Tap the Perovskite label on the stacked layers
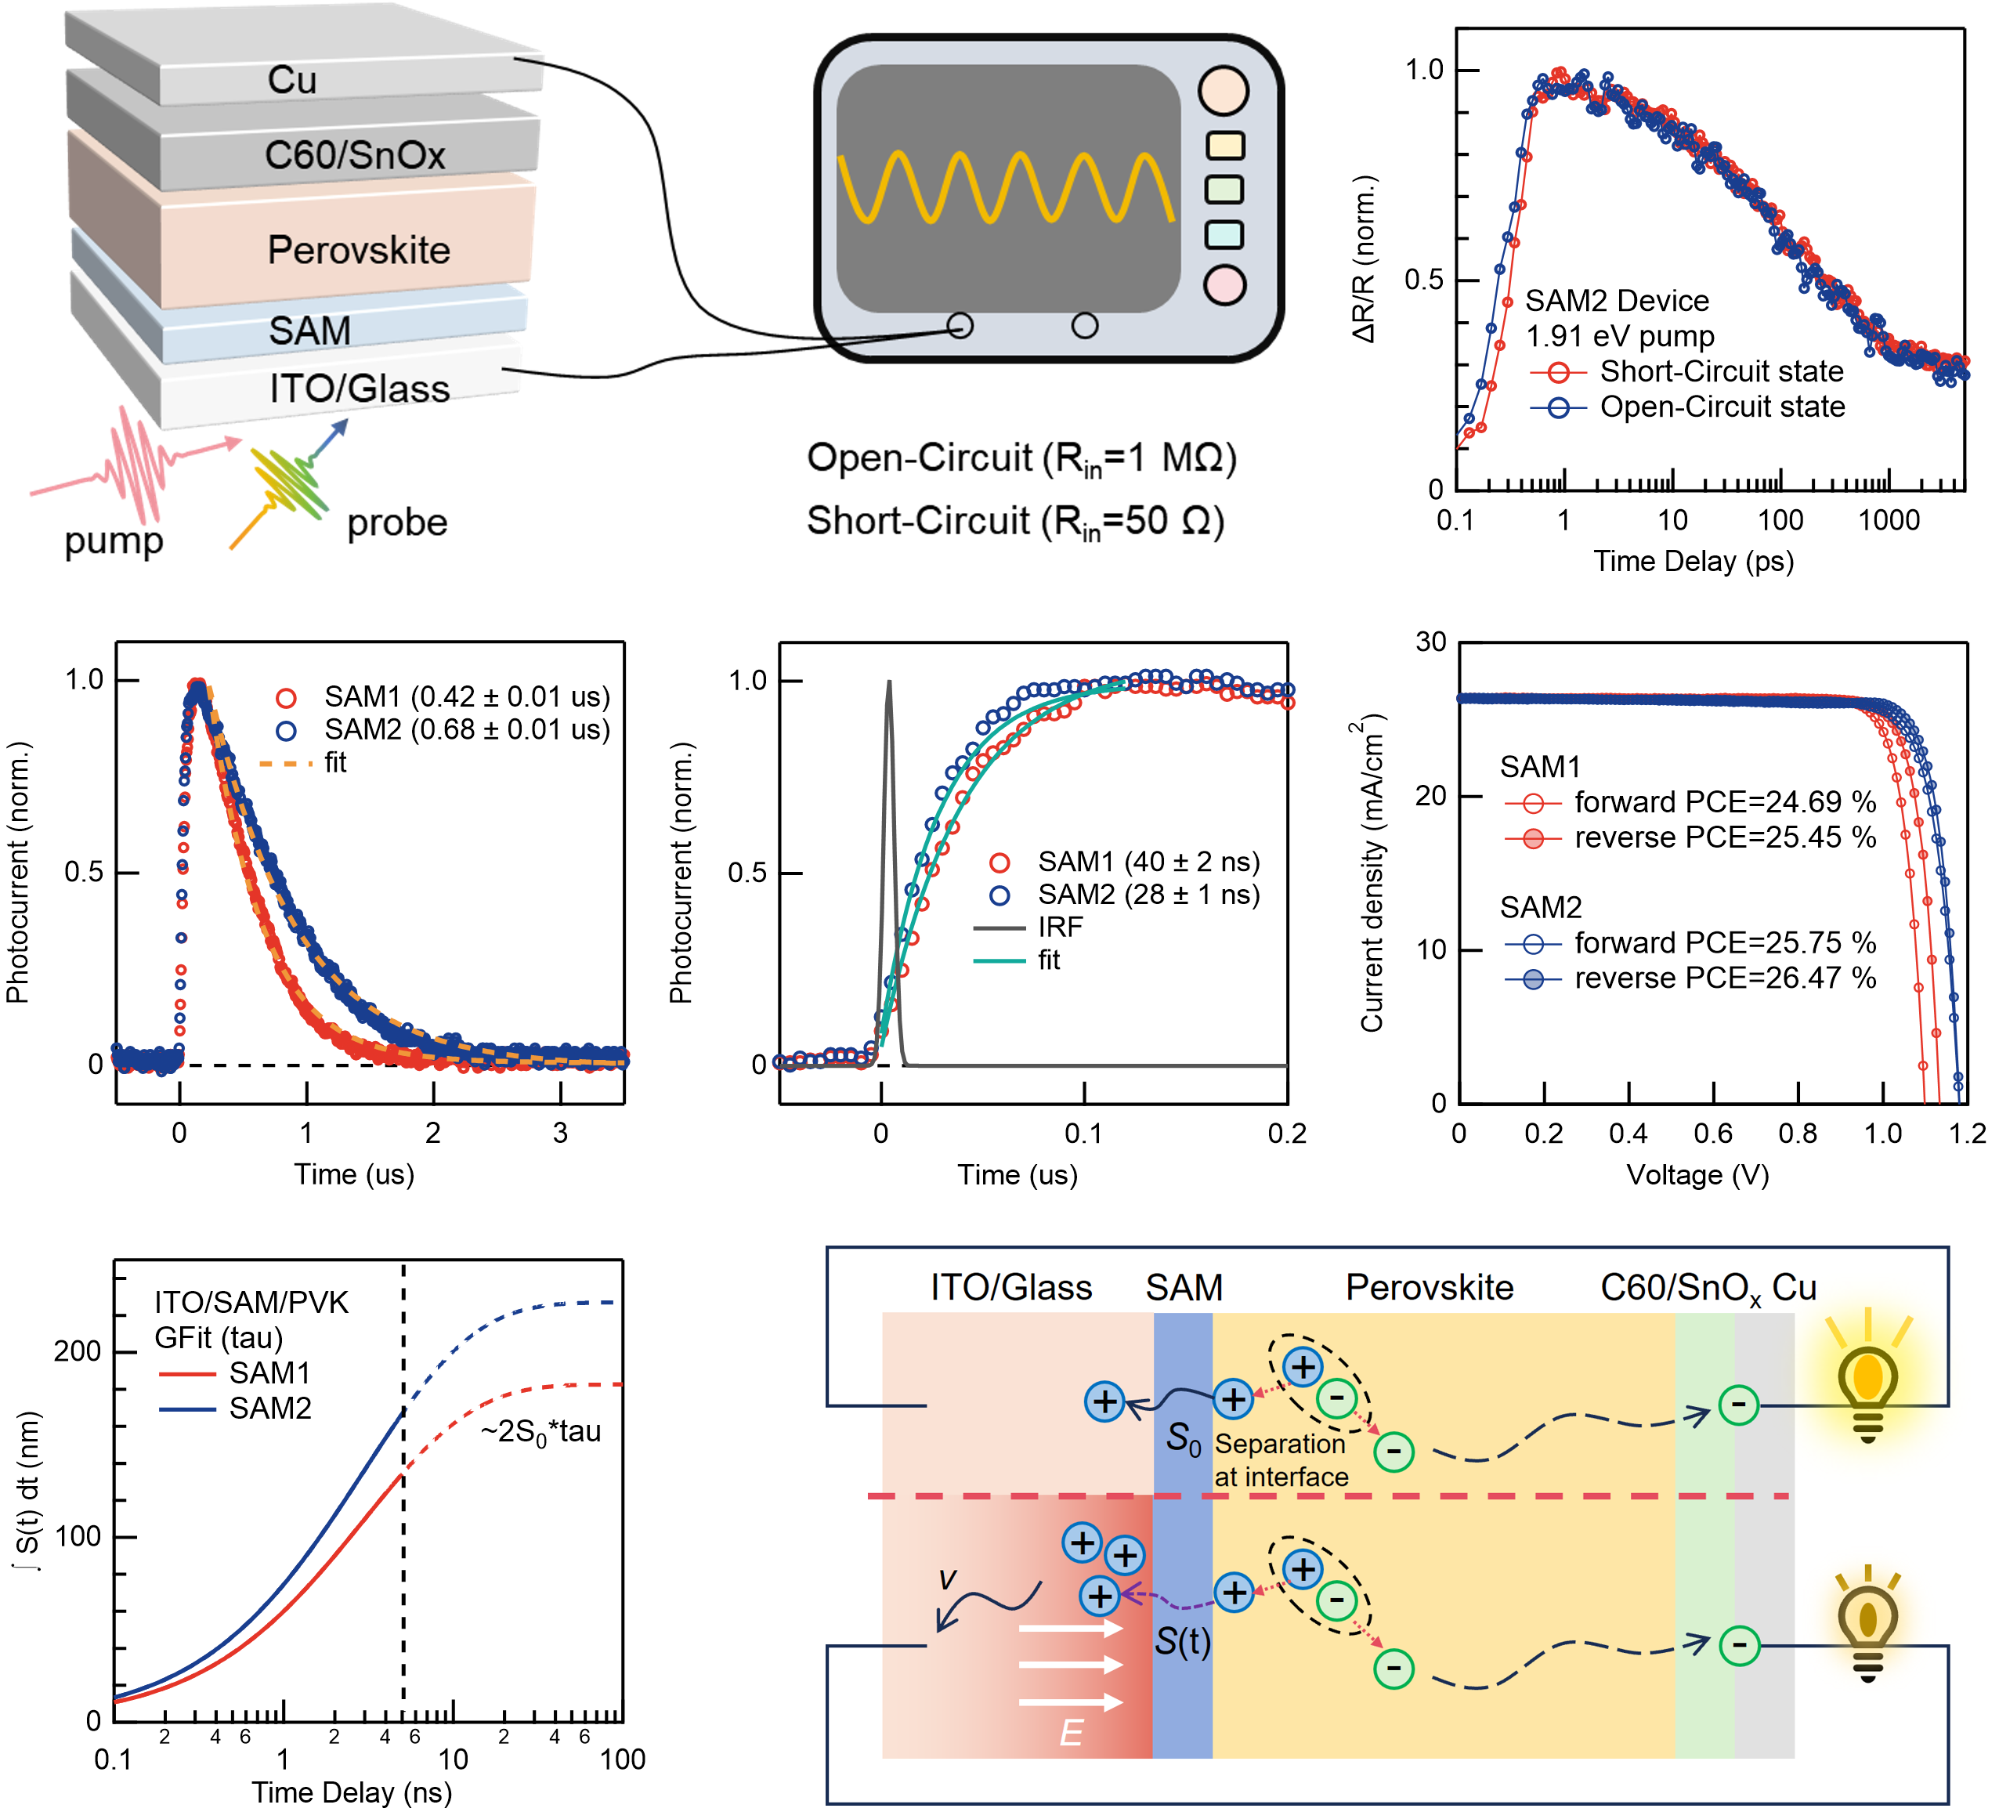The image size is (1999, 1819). point(359,250)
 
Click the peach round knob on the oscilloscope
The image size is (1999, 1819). point(1224,91)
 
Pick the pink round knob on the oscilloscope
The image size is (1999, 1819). point(1224,284)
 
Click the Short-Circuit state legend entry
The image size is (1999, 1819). point(1686,371)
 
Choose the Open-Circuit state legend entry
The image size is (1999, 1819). point(1686,407)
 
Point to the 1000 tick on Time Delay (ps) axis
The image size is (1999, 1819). point(1889,519)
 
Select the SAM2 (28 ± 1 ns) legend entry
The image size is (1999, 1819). point(1125,895)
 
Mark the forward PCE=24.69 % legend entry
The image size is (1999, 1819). point(1690,802)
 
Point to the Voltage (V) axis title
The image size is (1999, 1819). point(1697,1175)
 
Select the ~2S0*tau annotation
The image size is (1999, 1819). point(541,1432)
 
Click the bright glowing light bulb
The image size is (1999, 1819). point(1868,1376)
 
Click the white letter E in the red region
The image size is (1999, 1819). point(1071,1733)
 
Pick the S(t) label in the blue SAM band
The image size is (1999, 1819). point(1183,1641)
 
